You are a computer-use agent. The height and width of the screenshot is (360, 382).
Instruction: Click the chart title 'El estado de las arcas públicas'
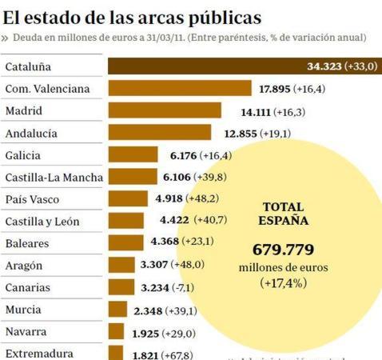point(132,15)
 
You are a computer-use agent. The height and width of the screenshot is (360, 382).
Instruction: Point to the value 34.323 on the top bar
point(324,66)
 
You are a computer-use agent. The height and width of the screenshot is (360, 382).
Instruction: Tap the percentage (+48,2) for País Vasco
point(202,199)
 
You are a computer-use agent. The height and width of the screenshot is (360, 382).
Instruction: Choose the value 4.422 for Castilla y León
point(174,221)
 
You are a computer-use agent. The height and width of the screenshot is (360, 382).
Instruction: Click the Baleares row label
point(27,243)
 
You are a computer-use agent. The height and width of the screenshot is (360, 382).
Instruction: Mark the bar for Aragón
point(121,265)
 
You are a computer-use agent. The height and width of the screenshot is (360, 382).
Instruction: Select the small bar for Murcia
point(118,309)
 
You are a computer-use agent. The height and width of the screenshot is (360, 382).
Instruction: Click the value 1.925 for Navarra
point(145,331)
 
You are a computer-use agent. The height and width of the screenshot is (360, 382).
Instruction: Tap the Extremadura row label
point(39,353)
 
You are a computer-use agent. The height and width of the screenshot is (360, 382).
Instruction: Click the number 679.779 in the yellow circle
point(284,249)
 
